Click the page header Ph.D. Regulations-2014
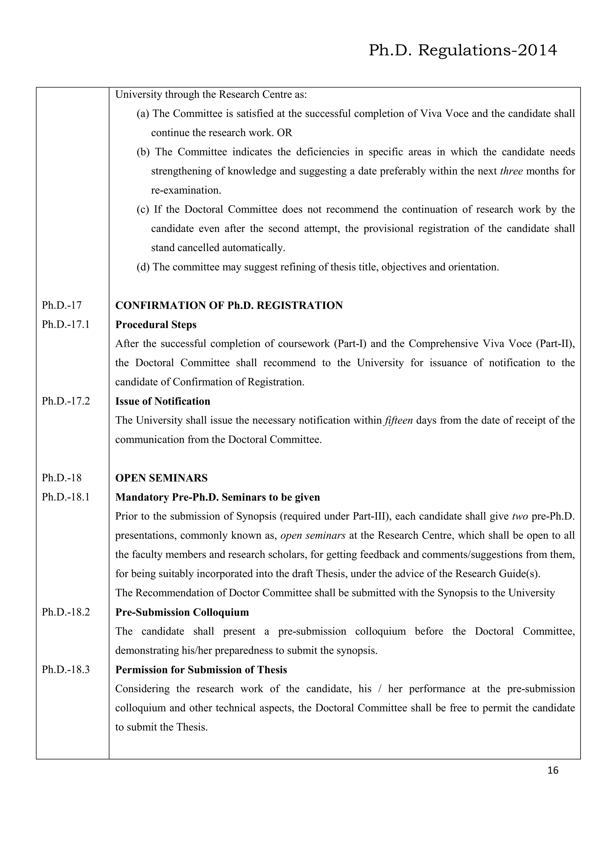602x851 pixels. (x=463, y=51)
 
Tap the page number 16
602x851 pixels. (x=552, y=771)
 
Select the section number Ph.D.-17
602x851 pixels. (x=61, y=305)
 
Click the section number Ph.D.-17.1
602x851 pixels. (x=66, y=325)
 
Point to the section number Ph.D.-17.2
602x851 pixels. (x=66, y=401)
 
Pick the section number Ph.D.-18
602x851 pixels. (x=61, y=478)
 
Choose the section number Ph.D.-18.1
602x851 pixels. (x=66, y=497)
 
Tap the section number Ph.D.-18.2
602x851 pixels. (x=66, y=612)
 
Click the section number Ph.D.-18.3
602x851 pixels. (x=66, y=670)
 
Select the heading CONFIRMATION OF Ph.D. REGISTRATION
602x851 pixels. (x=229, y=305)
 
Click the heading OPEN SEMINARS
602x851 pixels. (x=161, y=478)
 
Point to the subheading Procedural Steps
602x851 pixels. (x=156, y=325)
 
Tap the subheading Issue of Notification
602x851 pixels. (x=163, y=401)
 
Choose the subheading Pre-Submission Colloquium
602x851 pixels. (x=182, y=612)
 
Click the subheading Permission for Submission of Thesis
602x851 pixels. (x=201, y=670)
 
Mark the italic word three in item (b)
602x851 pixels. (x=511, y=171)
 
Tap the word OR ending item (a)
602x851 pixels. (x=285, y=133)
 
